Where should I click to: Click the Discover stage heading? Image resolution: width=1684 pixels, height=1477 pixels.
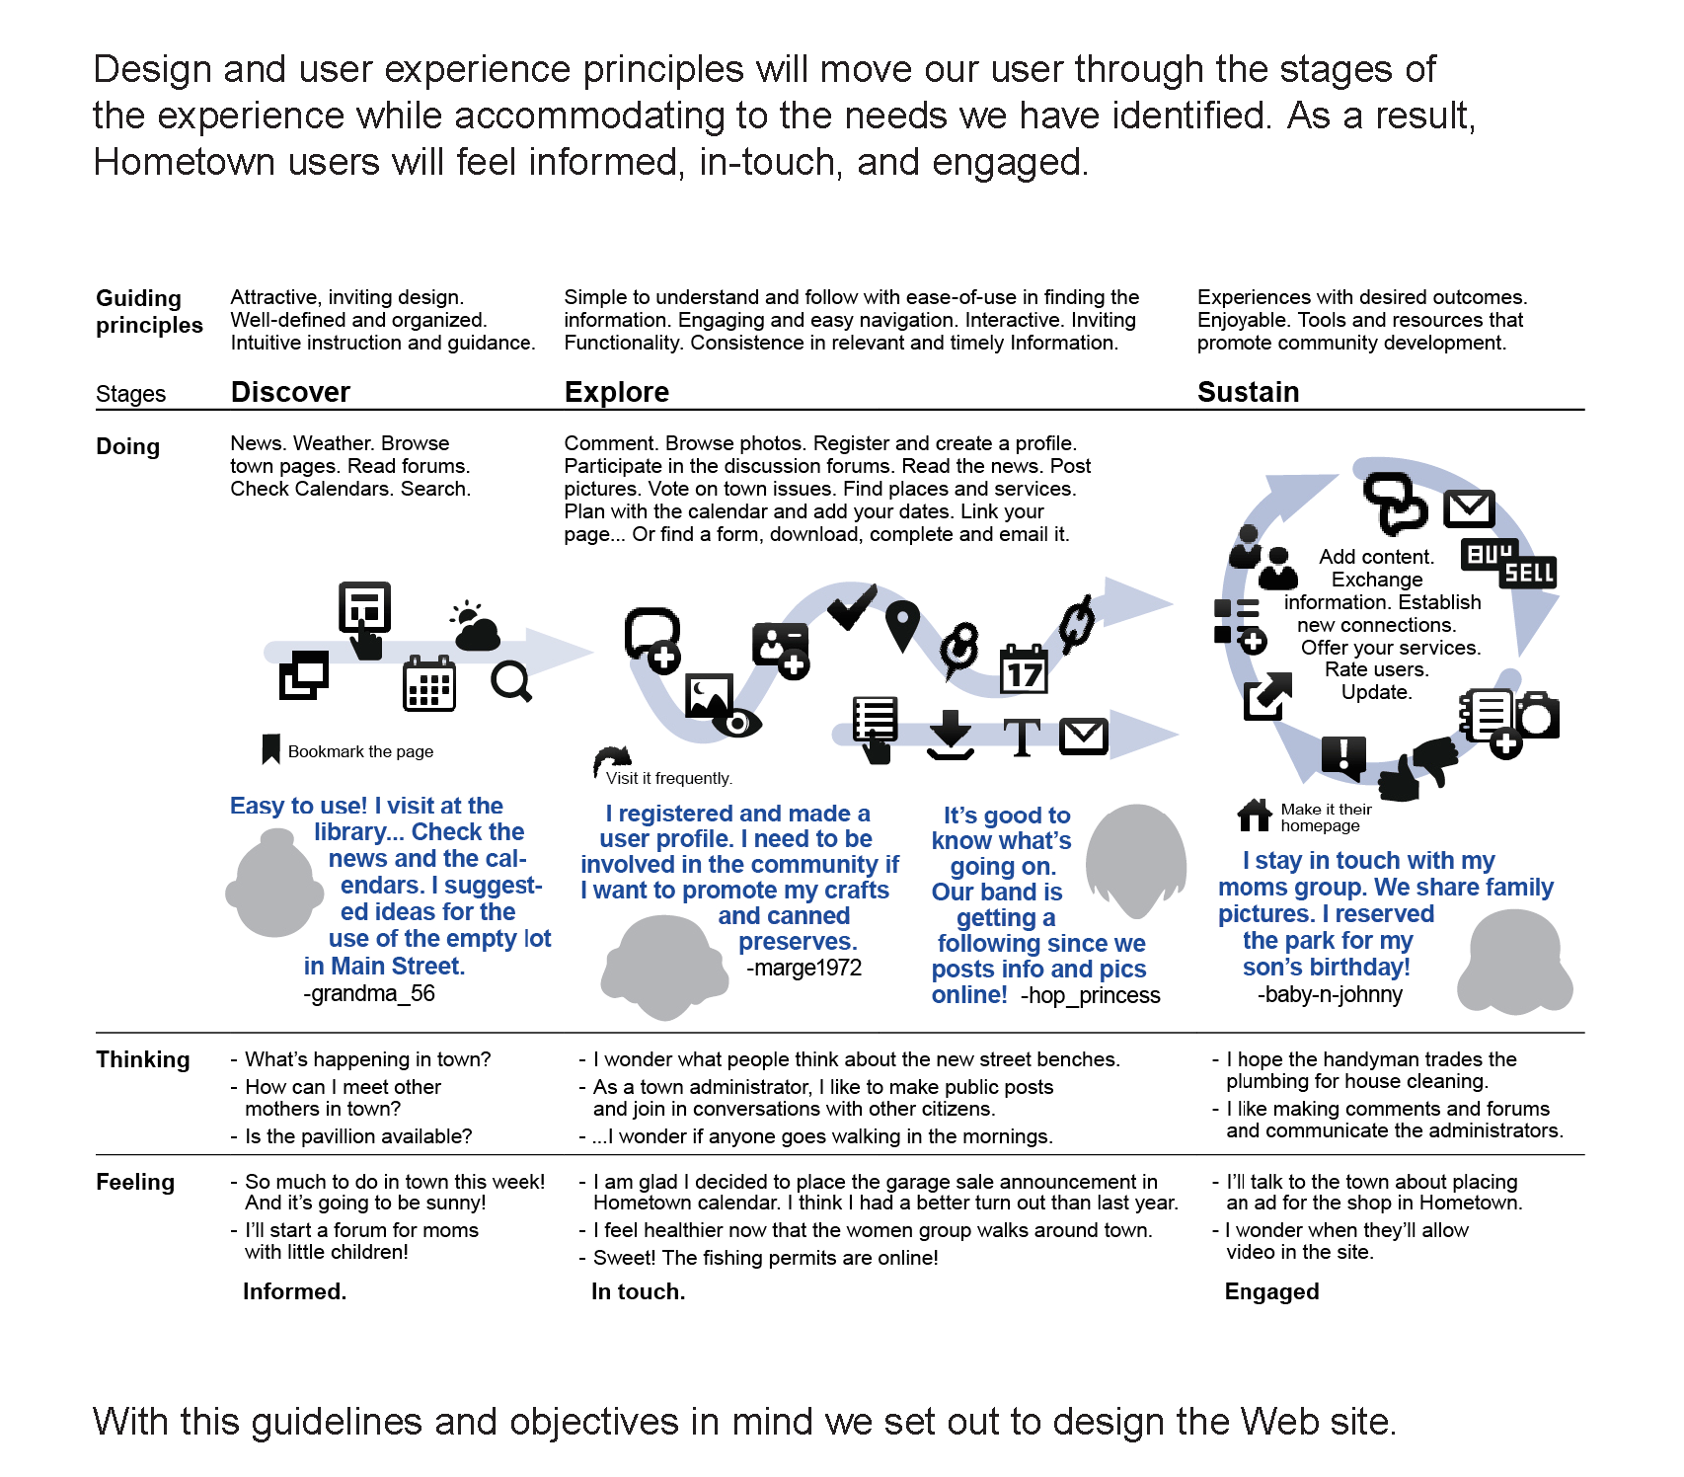coord(290,392)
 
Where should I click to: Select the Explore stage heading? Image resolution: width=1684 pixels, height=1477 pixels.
coord(616,392)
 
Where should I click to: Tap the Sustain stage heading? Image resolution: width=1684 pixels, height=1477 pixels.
coord(1248,392)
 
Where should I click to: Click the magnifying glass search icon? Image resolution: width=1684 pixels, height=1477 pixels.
coord(511,681)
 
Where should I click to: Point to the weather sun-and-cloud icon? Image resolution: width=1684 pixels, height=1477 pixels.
coord(475,626)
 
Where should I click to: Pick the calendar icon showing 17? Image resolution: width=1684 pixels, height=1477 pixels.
coord(1024,670)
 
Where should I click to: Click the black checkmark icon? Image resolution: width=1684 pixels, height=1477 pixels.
coord(851,605)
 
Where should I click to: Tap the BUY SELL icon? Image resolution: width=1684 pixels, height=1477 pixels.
coord(1508,563)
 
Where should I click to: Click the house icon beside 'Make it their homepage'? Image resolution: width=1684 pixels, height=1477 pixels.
coord(1255,815)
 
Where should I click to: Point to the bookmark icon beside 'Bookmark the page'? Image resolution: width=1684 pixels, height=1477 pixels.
coord(270,749)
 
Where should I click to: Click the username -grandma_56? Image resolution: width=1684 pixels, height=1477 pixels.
coord(369,993)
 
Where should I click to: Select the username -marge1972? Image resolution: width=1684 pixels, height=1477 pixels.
coord(804,968)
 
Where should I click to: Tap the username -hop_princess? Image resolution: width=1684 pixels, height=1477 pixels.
coord(1090,995)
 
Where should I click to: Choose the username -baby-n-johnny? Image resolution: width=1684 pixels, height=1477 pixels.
coord(1329,994)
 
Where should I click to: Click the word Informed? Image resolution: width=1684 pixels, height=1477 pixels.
coord(294,1291)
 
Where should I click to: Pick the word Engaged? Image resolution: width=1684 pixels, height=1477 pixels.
coord(1271,1291)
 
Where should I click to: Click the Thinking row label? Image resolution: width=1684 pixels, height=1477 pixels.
coord(143,1059)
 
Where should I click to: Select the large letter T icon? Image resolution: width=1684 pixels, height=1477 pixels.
coord(1022,737)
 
